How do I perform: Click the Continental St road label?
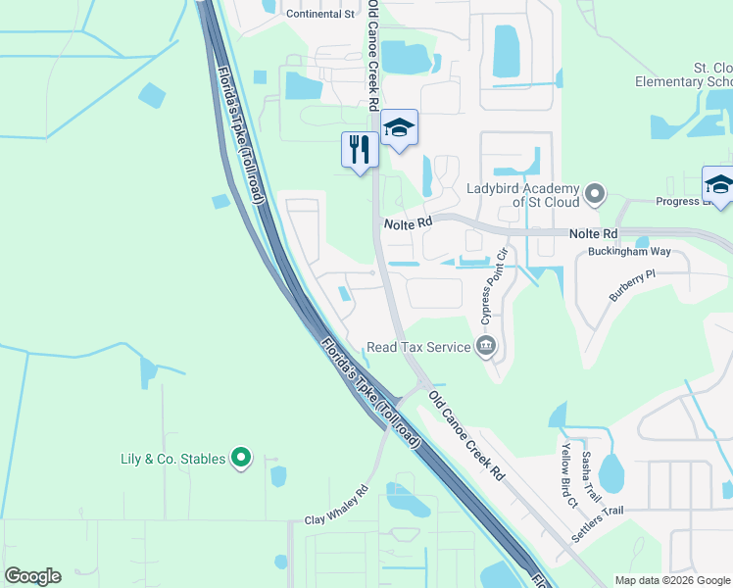pyautogui.click(x=319, y=14)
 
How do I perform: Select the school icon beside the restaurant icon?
pyautogui.click(x=399, y=127)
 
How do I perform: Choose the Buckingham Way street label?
pyautogui.click(x=629, y=252)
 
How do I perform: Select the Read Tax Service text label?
pyautogui.click(x=418, y=347)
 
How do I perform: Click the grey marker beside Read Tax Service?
pyautogui.click(x=485, y=346)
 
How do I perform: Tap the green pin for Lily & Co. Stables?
pyautogui.click(x=241, y=458)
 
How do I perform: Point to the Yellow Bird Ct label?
pyautogui.click(x=568, y=474)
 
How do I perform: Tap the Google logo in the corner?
pyautogui.click(x=32, y=576)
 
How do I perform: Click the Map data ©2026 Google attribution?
pyautogui.click(x=672, y=580)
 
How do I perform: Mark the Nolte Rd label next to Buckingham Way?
pyautogui.click(x=596, y=234)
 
